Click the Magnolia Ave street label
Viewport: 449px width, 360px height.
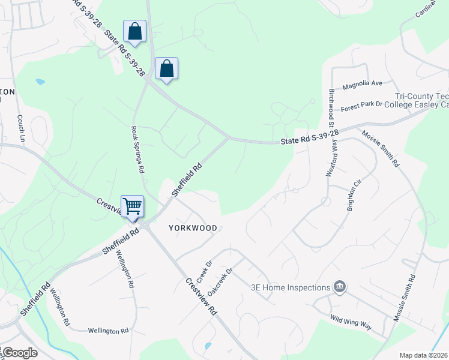click(x=363, y=85)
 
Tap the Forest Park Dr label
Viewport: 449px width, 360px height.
click(x=361, y=106)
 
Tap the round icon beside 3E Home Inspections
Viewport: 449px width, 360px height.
click(x=340, y=287)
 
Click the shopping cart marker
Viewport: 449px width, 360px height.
click(x=132, y=206)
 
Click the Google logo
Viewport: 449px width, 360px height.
click(x=19, y=353)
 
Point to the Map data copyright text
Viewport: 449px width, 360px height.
click(x=424, y=355)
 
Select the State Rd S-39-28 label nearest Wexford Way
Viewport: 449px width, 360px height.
click(x=310, y=137)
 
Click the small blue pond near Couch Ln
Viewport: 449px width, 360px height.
click(x=40, y=81)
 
